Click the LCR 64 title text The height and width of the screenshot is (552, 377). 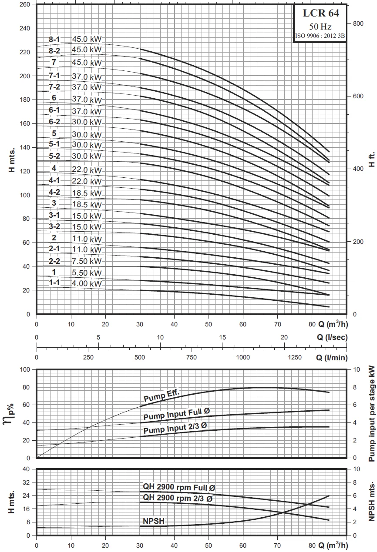coord(321,13)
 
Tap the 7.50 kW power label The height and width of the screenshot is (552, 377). coord(87,261)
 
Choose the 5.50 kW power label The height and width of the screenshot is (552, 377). coord(87,272)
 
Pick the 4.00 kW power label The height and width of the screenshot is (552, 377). coord(87,284)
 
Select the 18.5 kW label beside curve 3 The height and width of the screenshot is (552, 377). coord(87,204)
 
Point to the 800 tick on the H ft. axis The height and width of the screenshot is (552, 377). coord(358,23)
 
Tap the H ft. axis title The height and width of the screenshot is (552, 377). coord(371,159)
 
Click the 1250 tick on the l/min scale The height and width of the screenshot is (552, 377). coord(294,357)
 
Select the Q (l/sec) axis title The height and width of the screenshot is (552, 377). coord(332,337)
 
